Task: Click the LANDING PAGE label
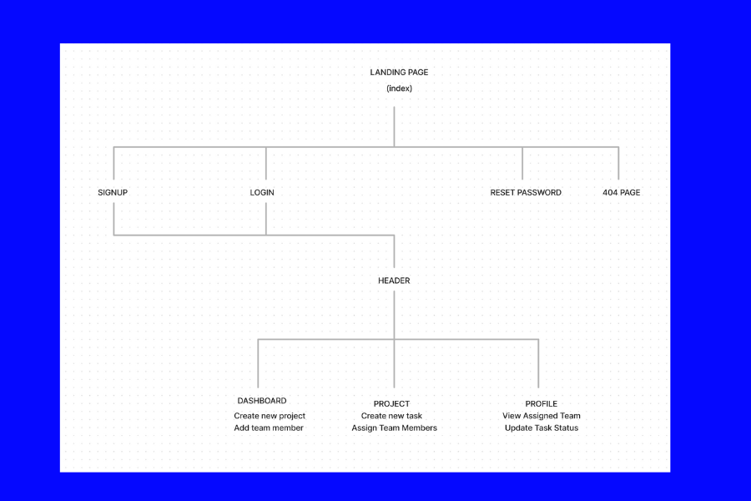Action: [399, 73]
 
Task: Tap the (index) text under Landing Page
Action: [399, 89]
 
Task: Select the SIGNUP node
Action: [113, 192]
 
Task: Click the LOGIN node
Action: [262, 192]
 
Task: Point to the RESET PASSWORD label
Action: [526, 192]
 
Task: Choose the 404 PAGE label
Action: [621, 192]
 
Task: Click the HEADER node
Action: [394, 281]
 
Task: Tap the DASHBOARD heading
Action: [262, 401]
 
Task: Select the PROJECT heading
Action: [392, 403]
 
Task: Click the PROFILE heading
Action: [542, 403]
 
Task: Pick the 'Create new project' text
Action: [270, 416]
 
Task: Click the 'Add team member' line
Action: [269, 428]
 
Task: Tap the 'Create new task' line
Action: [391, 416]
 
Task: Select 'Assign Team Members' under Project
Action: [394, 428]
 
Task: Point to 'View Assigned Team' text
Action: [542, 416]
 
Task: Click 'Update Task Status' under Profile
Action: [542, 428]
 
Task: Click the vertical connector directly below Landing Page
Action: [394, 127]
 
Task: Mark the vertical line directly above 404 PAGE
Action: [618, 164]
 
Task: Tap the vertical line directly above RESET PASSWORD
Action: [522, 164]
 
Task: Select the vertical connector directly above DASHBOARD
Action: [258, 363]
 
